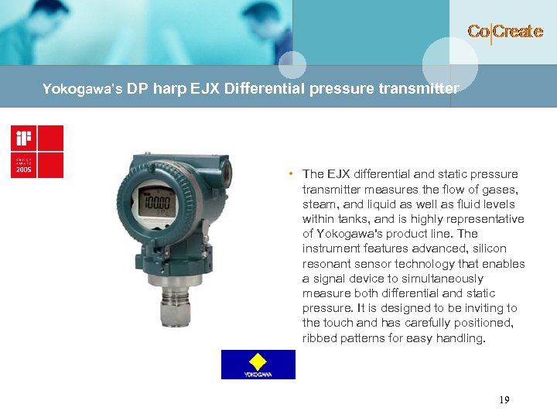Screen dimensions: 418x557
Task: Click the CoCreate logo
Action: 504,32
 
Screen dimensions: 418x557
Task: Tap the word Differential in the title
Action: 265,88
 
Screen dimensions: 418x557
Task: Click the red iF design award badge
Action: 36,151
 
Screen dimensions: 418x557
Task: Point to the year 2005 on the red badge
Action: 22,170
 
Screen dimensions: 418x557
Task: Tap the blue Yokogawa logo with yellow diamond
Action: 258,364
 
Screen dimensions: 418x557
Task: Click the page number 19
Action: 504,400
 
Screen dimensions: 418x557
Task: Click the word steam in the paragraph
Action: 318,204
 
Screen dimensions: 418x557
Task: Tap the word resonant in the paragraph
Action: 326,264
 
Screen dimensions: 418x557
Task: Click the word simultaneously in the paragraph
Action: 426,279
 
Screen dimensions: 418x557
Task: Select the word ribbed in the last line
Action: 318,338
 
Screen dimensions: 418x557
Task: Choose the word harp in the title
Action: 170,88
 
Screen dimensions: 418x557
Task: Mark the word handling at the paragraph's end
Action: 461,338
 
